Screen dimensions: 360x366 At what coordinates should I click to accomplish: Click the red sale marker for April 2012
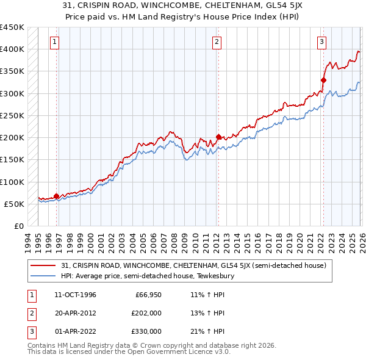218,137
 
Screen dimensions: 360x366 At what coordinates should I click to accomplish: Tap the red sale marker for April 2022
323,79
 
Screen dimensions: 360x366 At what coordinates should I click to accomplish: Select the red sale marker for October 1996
57,196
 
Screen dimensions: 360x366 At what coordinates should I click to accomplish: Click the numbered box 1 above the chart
55,42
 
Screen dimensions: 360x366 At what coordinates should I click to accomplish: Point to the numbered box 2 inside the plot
217,42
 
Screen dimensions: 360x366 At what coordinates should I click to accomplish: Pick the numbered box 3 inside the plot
321,42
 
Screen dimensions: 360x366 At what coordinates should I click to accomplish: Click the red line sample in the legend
44,265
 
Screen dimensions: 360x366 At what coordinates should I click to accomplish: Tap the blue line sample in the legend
44,276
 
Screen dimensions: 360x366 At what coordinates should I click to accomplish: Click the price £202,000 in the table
146,313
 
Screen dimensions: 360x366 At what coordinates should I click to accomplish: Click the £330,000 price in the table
146,331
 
